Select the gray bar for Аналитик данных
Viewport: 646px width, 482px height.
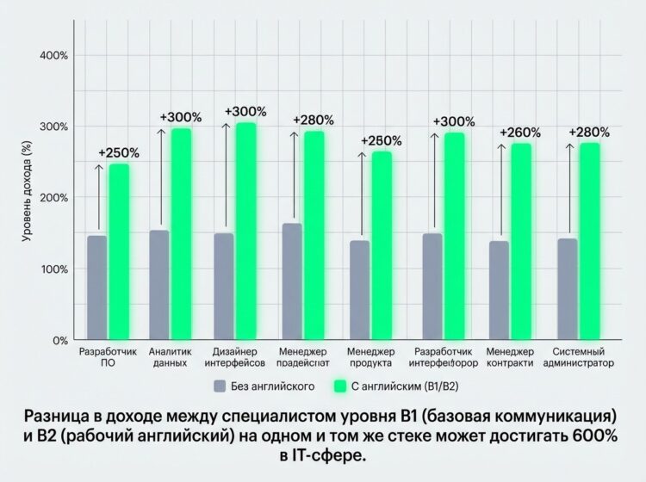159,284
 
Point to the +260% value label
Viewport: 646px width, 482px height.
521,133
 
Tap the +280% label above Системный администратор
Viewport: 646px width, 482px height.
589,133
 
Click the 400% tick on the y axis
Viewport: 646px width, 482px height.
54,56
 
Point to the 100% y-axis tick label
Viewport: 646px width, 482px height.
54,269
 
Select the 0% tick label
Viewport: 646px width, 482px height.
59,340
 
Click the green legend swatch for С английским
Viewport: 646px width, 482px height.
339,386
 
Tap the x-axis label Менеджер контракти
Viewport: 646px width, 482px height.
510,358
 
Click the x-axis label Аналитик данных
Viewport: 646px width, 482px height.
168,358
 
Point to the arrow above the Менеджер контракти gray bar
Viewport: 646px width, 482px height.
500,189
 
